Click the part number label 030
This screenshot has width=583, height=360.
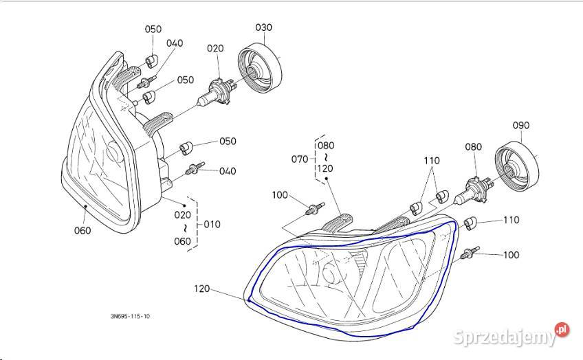click(x=264, y=27)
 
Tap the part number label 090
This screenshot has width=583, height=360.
click(x=522, y=126)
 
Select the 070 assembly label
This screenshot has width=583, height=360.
click(x=299, y=159)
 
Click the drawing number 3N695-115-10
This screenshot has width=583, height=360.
click(x=129, y=317)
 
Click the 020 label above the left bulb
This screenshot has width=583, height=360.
click(x=216, y=49)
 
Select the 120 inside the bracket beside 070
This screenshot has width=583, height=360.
click(x=325, y=168)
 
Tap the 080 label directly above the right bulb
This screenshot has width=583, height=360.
click(x=473, y=146)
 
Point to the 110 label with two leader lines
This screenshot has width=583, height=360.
click(x=431, y=161)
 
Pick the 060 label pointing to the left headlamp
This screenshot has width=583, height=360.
click(x=82, y=231)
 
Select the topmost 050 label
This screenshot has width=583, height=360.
click(x=153, y=29)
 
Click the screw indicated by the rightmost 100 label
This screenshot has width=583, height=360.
click(x=470, y=254)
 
